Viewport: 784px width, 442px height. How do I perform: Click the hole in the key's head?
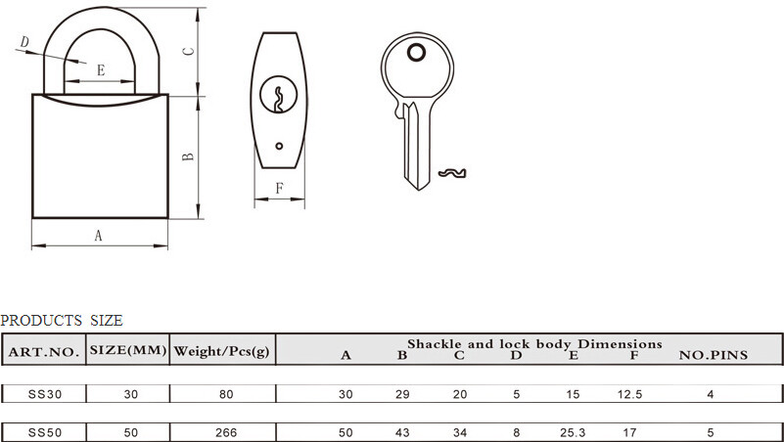coord(416,53)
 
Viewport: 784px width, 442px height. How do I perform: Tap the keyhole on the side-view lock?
coord(279,94)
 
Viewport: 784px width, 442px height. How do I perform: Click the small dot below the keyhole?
coord(279,146)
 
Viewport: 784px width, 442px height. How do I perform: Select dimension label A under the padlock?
coord(99,235)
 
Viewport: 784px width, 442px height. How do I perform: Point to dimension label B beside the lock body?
coord(188,156)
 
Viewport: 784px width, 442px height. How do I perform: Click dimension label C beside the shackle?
coord(188,51)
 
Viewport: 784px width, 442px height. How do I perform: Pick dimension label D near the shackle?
coord(24,42)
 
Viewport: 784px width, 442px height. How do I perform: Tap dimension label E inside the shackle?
coord(101,70)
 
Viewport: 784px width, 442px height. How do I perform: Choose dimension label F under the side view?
coord(280,189)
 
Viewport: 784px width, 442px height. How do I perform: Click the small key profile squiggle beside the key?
coord(452,173)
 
